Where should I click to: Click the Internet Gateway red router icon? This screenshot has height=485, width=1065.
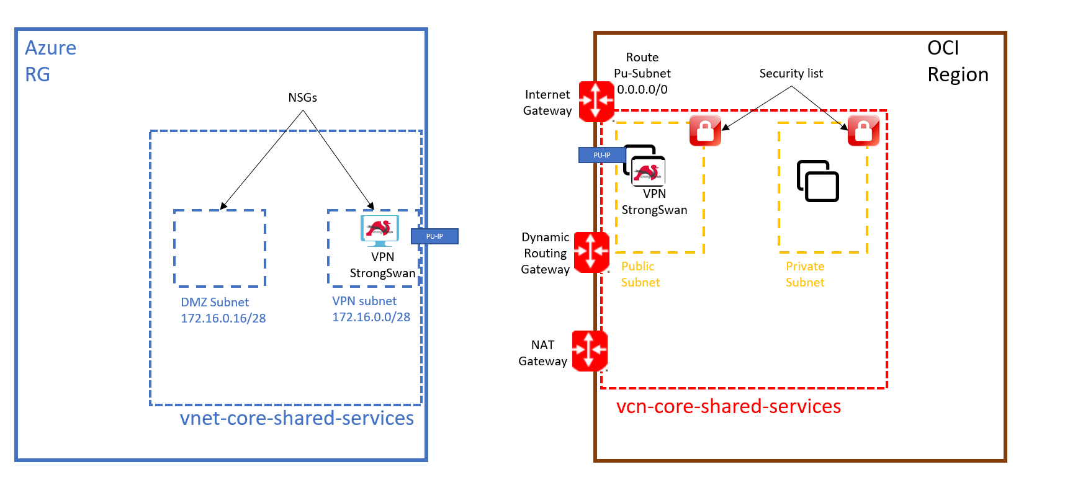[x=596, y=100]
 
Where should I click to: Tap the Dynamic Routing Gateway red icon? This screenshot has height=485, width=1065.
[x=591, y=252]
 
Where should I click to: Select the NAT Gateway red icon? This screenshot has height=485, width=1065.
[x=589, y=350]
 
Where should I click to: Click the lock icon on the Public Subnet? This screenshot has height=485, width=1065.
[x=705, y=130]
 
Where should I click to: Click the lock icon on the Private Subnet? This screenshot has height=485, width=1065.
[x=863, y=130]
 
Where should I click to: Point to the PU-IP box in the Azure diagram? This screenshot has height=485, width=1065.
[x=434, y=236]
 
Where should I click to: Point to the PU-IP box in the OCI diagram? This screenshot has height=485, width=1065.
[x=601, y=155]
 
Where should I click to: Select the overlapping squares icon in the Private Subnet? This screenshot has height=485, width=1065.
[x=817, y=181]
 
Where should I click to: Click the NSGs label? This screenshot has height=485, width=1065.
[x=302, y=97]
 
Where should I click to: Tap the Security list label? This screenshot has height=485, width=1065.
[x=791, y=73]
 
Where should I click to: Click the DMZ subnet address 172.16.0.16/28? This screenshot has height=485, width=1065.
[x=223, y=318]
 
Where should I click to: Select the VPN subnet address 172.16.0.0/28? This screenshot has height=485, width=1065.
[x=371, y=317]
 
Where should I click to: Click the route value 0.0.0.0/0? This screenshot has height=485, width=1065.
[x=642, y=89]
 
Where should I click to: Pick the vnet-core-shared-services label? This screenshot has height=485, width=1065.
[x=297, y=418]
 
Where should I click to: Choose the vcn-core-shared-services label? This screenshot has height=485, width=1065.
[x=728, y=406]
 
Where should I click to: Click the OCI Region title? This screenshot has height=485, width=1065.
[x=956, y=61]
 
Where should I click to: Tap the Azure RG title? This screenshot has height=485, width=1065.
[x=50, y=61]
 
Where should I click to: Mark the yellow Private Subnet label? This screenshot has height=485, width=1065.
[x=805, y=274]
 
